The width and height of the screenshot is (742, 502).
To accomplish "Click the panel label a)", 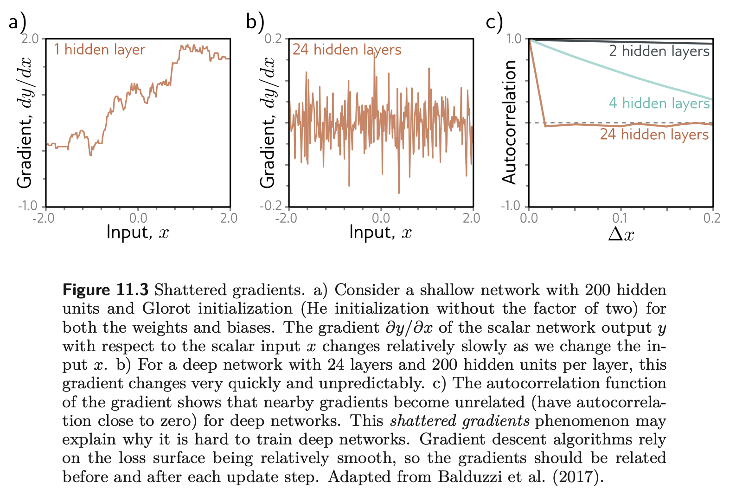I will [17, 22].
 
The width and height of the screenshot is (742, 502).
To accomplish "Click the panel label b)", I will [255, 22].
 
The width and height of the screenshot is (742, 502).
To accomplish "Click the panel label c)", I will [494, 22].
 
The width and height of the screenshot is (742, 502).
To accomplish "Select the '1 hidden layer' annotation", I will [99, 50].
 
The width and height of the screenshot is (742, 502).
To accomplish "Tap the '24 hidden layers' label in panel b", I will [346, 50].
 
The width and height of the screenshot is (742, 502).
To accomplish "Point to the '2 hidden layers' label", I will [659, 51].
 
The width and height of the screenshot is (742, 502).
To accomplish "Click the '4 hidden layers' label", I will [659, 103].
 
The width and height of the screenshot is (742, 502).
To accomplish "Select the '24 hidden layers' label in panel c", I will [654, 135].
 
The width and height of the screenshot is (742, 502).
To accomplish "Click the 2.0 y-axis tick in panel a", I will [31, 39].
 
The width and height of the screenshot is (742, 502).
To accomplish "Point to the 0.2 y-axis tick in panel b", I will [273, 39].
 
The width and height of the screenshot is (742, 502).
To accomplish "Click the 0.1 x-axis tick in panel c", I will [620, 218].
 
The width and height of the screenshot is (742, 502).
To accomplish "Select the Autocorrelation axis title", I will [509, 122].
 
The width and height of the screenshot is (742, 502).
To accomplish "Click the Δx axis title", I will [620, 234].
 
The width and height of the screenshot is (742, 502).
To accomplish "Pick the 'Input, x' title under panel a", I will [138, 232].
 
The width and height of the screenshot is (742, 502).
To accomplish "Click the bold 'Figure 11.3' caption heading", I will [105, 290].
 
